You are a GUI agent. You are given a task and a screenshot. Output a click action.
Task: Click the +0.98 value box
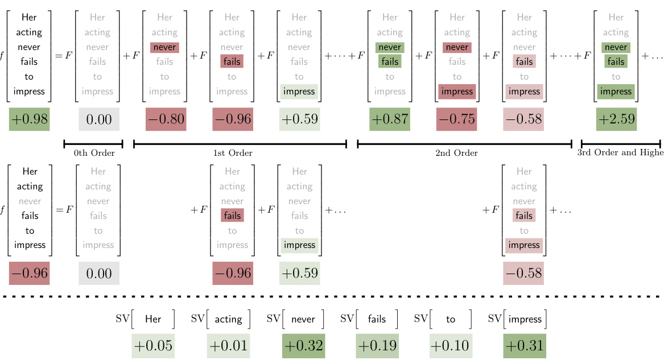29,119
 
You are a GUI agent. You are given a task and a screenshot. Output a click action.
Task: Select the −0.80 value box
166,119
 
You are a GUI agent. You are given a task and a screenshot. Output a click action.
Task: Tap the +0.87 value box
390,119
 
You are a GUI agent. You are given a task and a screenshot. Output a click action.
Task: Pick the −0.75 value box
457,119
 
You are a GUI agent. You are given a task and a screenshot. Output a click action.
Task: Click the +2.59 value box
616,119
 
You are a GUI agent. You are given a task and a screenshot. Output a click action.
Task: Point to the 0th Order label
94,153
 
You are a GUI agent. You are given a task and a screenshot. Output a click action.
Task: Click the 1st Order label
233,153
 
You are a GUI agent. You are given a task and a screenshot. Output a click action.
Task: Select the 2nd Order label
457,153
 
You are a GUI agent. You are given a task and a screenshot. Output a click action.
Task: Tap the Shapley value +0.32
303,346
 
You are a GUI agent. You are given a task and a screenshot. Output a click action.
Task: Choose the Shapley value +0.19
377,346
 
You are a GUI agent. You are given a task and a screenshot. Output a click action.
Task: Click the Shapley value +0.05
152,346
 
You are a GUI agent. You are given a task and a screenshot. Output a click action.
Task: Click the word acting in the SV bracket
228,320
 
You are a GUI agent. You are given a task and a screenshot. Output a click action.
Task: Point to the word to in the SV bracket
451,320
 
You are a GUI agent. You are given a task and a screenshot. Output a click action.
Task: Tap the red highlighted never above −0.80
165,47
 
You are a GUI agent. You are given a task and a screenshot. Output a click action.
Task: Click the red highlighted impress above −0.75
457,91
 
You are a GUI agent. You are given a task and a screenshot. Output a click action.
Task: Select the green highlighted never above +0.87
390,47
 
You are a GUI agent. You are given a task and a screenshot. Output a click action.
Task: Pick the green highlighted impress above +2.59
616,91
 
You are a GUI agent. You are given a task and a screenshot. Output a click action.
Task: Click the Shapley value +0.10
451,346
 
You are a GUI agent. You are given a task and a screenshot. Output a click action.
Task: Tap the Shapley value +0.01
228,346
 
